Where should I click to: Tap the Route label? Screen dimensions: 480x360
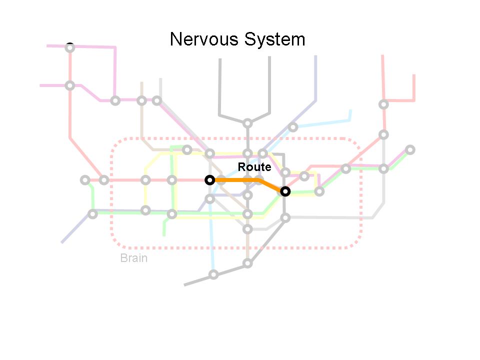tap(254, 167)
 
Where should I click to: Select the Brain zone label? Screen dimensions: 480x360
tap(133, 258)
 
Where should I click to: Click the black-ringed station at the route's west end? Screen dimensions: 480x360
tap(210, 179)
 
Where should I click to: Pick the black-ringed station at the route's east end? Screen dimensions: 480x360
tap(285, 191)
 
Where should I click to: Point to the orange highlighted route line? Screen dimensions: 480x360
tap(240, 180)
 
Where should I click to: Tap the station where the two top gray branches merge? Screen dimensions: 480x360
tap(247, 123)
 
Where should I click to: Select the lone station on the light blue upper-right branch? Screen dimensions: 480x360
tap(293, 127)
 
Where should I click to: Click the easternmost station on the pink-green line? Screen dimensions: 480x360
tap(410, 149)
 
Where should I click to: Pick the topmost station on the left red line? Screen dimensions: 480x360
tap(70, 47)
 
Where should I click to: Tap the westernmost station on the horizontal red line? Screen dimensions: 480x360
tap(85, 180)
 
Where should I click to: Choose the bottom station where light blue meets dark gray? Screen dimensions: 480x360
tap(213, 274)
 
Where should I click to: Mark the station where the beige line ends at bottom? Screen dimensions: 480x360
tap(247, 263)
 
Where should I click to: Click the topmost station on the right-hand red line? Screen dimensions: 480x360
tap(383, 104)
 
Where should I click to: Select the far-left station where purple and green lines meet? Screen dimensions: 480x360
tap(92, 214)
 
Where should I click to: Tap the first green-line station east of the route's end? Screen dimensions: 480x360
tap(319, 191)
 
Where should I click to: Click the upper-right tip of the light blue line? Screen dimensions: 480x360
tap(350, 110)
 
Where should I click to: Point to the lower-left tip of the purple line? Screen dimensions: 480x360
tap(62, 242)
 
